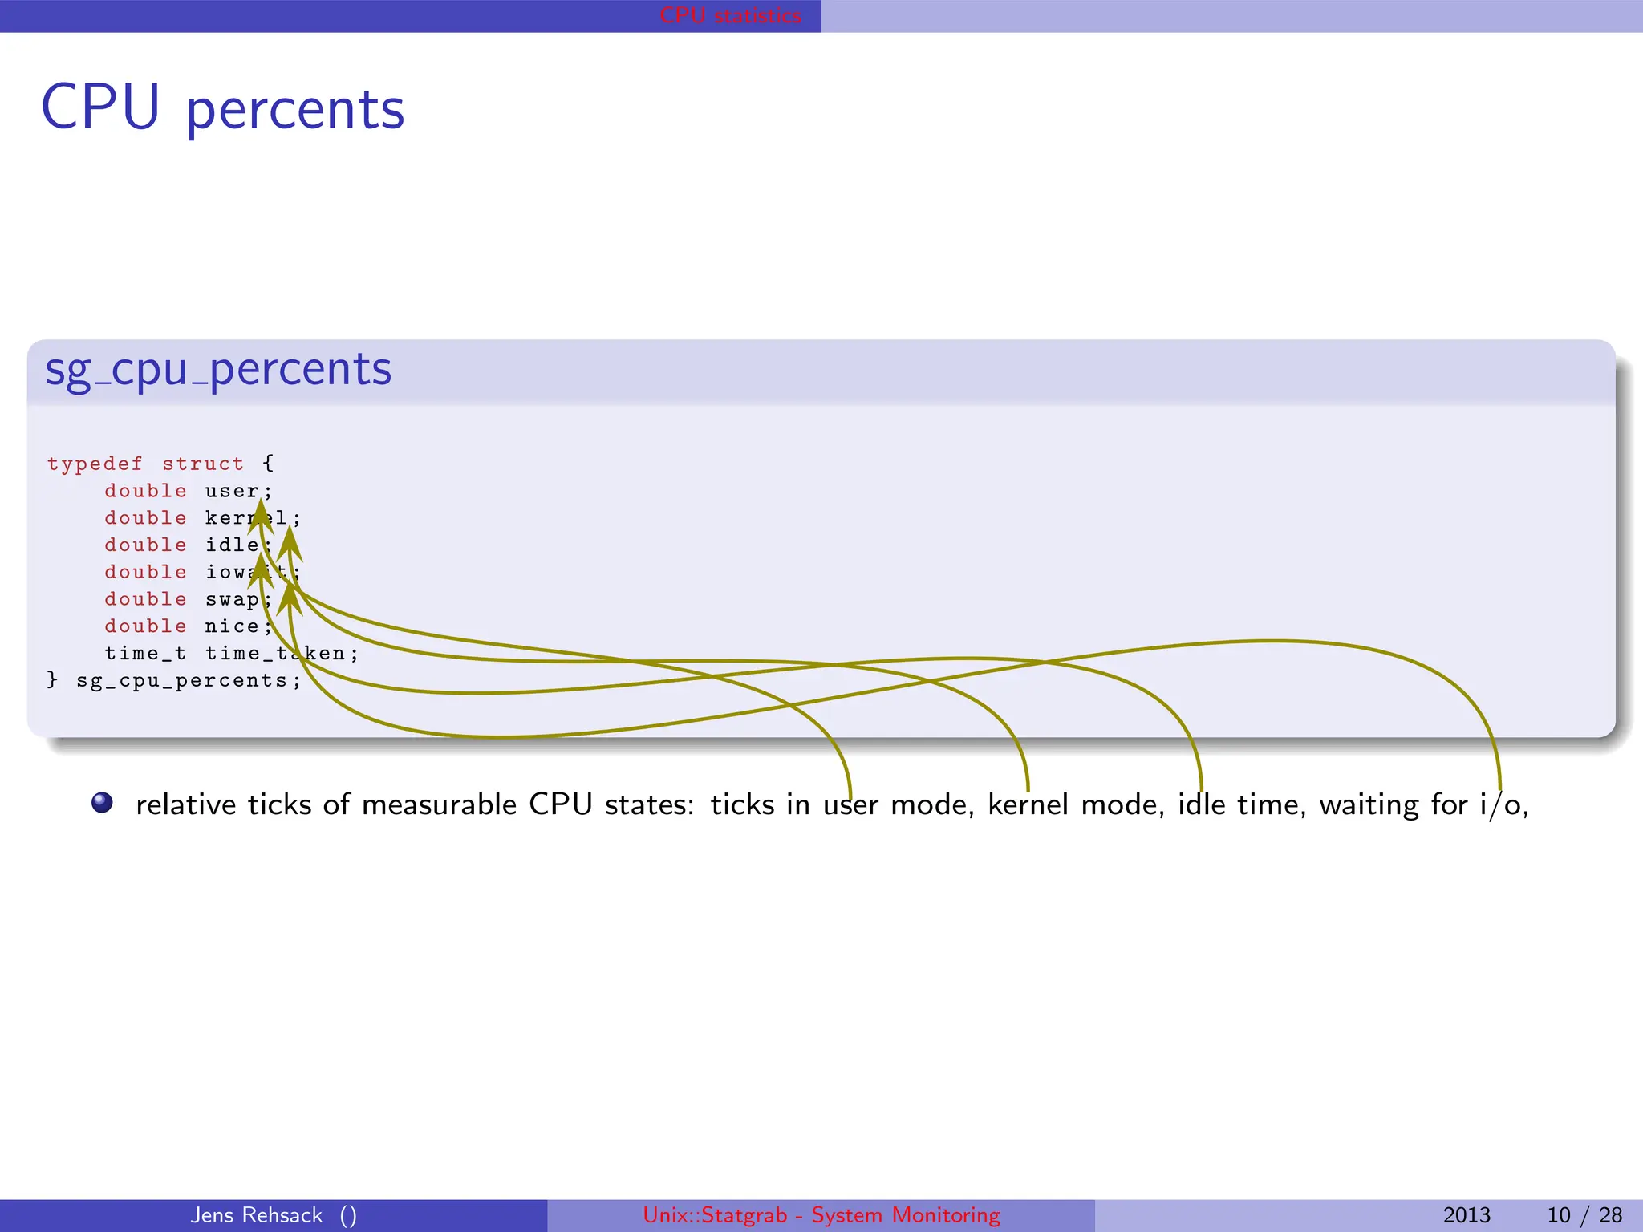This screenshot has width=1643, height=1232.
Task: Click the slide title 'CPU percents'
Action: click(222, 108)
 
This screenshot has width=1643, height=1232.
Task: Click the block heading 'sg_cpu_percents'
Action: click(218, 370)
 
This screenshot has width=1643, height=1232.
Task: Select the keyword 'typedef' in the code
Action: click(95, 464)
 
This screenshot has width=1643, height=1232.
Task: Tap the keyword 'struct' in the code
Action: click(203, 464)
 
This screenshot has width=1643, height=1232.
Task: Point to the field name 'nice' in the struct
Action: click(231, 626)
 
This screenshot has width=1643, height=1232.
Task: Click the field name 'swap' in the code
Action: click(231, 599)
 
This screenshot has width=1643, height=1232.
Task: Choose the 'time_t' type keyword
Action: click(145, 654)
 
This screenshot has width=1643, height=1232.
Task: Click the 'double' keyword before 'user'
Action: click(145, 491)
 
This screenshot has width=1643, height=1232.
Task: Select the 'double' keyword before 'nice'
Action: click(145, 626)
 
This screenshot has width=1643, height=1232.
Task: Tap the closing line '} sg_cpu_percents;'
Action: click(174, 681)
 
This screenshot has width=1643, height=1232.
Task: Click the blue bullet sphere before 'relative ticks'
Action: click(102, 803)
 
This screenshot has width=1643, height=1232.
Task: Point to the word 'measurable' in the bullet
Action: click(439, 804)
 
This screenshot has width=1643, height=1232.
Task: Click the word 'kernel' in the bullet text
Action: click(1028, 804)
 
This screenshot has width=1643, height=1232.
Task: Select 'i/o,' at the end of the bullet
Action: click(1504, 804)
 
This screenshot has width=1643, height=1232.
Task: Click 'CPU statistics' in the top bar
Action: click(730, 15)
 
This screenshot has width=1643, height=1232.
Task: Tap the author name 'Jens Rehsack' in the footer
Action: click(257, 1215)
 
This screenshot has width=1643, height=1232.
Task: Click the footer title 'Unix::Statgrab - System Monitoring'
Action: click(821, 1215)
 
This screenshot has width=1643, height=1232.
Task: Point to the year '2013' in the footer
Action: click(1467, 1215)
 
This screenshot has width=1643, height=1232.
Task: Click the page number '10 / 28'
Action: click(1584, 1215)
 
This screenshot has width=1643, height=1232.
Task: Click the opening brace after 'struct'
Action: click(268, 464)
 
